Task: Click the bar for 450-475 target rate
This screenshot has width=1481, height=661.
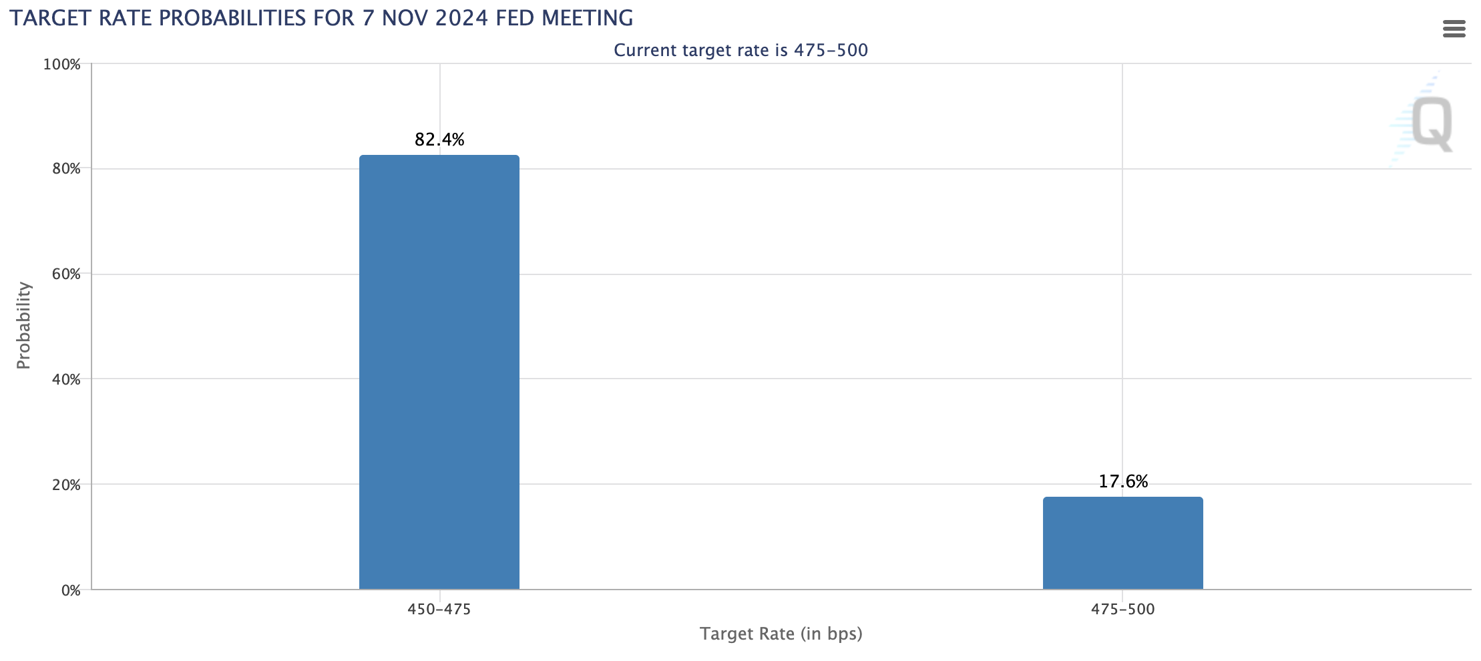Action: pos(439,372)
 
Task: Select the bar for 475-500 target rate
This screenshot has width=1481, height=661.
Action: pos(1123,543)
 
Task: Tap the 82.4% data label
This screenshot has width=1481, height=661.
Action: pos(439,140)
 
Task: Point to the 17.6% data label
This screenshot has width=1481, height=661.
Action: pos(1123,481)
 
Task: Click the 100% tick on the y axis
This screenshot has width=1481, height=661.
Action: pos(62,65)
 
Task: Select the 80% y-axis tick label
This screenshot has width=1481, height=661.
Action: pos(66,169)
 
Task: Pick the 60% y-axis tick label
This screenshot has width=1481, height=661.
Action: pos(66,274)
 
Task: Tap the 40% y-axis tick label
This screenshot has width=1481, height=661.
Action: pos(66,379)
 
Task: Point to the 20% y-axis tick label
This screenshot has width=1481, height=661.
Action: pos(66,485)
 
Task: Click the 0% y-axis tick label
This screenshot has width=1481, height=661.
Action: pos(71,590)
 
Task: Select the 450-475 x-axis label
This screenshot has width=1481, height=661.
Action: pos(439,610)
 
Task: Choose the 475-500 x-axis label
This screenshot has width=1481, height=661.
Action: pos(1123,610)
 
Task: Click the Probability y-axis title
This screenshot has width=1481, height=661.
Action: pos(23,325)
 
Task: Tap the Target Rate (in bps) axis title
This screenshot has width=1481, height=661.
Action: pos(781,634)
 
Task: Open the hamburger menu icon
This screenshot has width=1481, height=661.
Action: pos(1454,29)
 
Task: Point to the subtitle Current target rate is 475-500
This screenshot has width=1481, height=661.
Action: pos(741,50)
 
